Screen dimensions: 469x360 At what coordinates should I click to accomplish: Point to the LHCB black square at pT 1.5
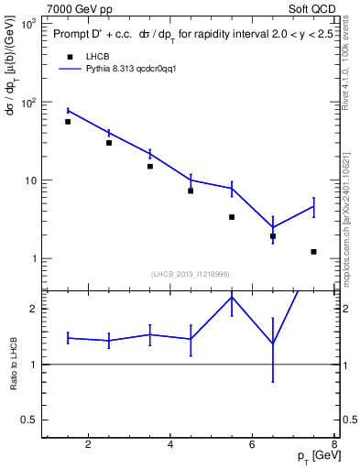68,122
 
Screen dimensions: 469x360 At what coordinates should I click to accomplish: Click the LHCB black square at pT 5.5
232,217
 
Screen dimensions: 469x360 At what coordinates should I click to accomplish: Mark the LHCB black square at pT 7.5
314,252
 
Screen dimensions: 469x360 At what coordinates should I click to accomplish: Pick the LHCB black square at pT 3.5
150,166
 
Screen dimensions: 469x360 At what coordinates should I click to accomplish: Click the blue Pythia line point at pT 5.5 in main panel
232,188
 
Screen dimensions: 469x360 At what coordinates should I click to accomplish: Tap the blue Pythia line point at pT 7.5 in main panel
314,207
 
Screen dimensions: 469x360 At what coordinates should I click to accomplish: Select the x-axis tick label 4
171,445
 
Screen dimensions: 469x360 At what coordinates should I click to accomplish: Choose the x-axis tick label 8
335,445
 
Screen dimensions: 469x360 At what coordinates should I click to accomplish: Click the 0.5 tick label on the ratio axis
28,420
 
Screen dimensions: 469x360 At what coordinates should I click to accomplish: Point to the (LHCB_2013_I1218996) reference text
191,274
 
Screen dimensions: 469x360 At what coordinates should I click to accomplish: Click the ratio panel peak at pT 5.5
232,296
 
